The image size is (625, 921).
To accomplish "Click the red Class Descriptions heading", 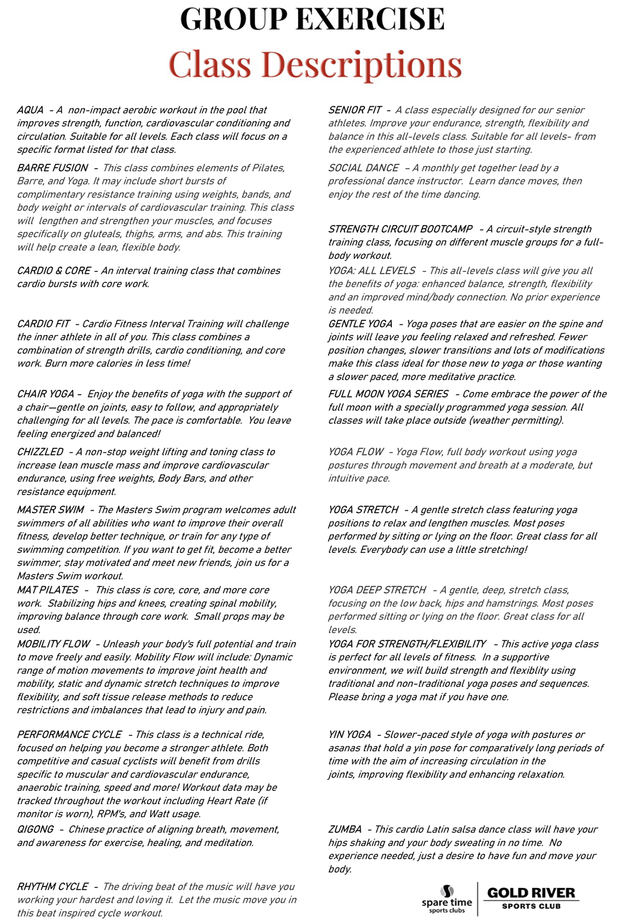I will click(x=315, y=64).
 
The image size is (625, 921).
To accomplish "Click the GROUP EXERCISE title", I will click(x=312, y=19).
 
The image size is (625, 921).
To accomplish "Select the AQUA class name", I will click(x=30, y=110).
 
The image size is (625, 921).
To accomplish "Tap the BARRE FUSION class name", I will click(x=52, y=167).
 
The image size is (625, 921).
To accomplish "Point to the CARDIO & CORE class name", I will click(x=54, y=271).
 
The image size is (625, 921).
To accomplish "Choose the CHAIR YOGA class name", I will click(x=46, y=394).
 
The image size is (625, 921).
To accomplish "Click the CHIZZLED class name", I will click(x=40, y=452).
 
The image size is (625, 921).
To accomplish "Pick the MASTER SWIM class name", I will click(x=50, y=510).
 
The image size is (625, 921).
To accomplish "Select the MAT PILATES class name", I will click(x=47, y=590).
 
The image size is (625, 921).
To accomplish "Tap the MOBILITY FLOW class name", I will click(x=54, y=644).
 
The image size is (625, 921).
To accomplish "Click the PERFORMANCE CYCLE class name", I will click(x=69, y=734).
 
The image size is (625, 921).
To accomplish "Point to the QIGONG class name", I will click(x=35, y=829).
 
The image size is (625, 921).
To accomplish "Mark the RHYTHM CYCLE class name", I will click(x=52, y=887).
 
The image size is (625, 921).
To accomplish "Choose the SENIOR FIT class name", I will click(x=354, y=110).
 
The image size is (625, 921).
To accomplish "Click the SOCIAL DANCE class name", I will click(x=363, y=167).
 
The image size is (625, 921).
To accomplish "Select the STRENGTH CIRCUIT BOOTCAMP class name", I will click(x=400, y=229).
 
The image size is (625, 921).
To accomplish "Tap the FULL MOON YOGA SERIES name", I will click(x=388, y=394).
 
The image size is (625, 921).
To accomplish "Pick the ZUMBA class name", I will click(x=345, y=829).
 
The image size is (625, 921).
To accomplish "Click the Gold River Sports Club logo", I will click(x=531, y=897).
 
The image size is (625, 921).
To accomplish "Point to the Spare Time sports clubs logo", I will click(x=447, y=899).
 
